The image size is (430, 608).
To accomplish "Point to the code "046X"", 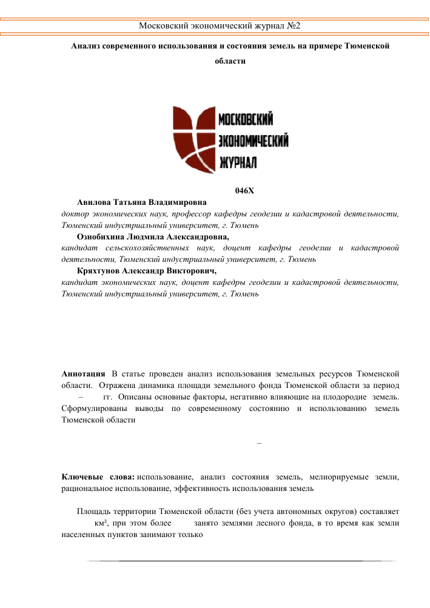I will pos(244,191).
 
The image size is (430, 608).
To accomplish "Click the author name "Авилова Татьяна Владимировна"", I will pos(142,202).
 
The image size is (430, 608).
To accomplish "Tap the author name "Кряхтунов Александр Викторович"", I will pos(147,272).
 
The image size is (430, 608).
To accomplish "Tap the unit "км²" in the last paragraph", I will pos(95,523).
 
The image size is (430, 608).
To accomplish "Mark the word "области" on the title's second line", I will pos(230,61).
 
